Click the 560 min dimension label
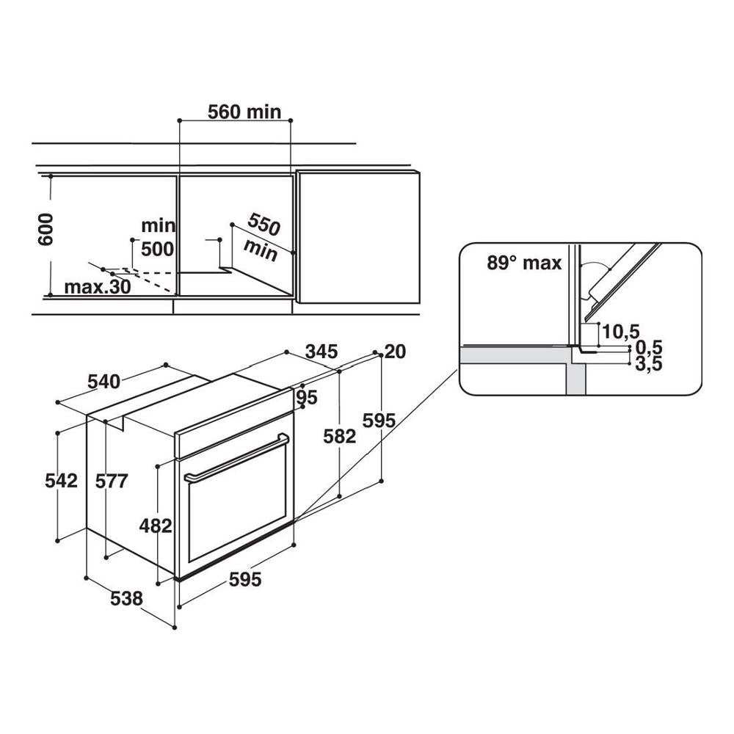244,112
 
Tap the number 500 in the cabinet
157,249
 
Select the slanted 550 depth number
264,224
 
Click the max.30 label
98,286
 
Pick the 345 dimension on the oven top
321,351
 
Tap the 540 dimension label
104,382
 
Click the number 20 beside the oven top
395,351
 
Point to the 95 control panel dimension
307,397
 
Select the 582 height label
339,436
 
